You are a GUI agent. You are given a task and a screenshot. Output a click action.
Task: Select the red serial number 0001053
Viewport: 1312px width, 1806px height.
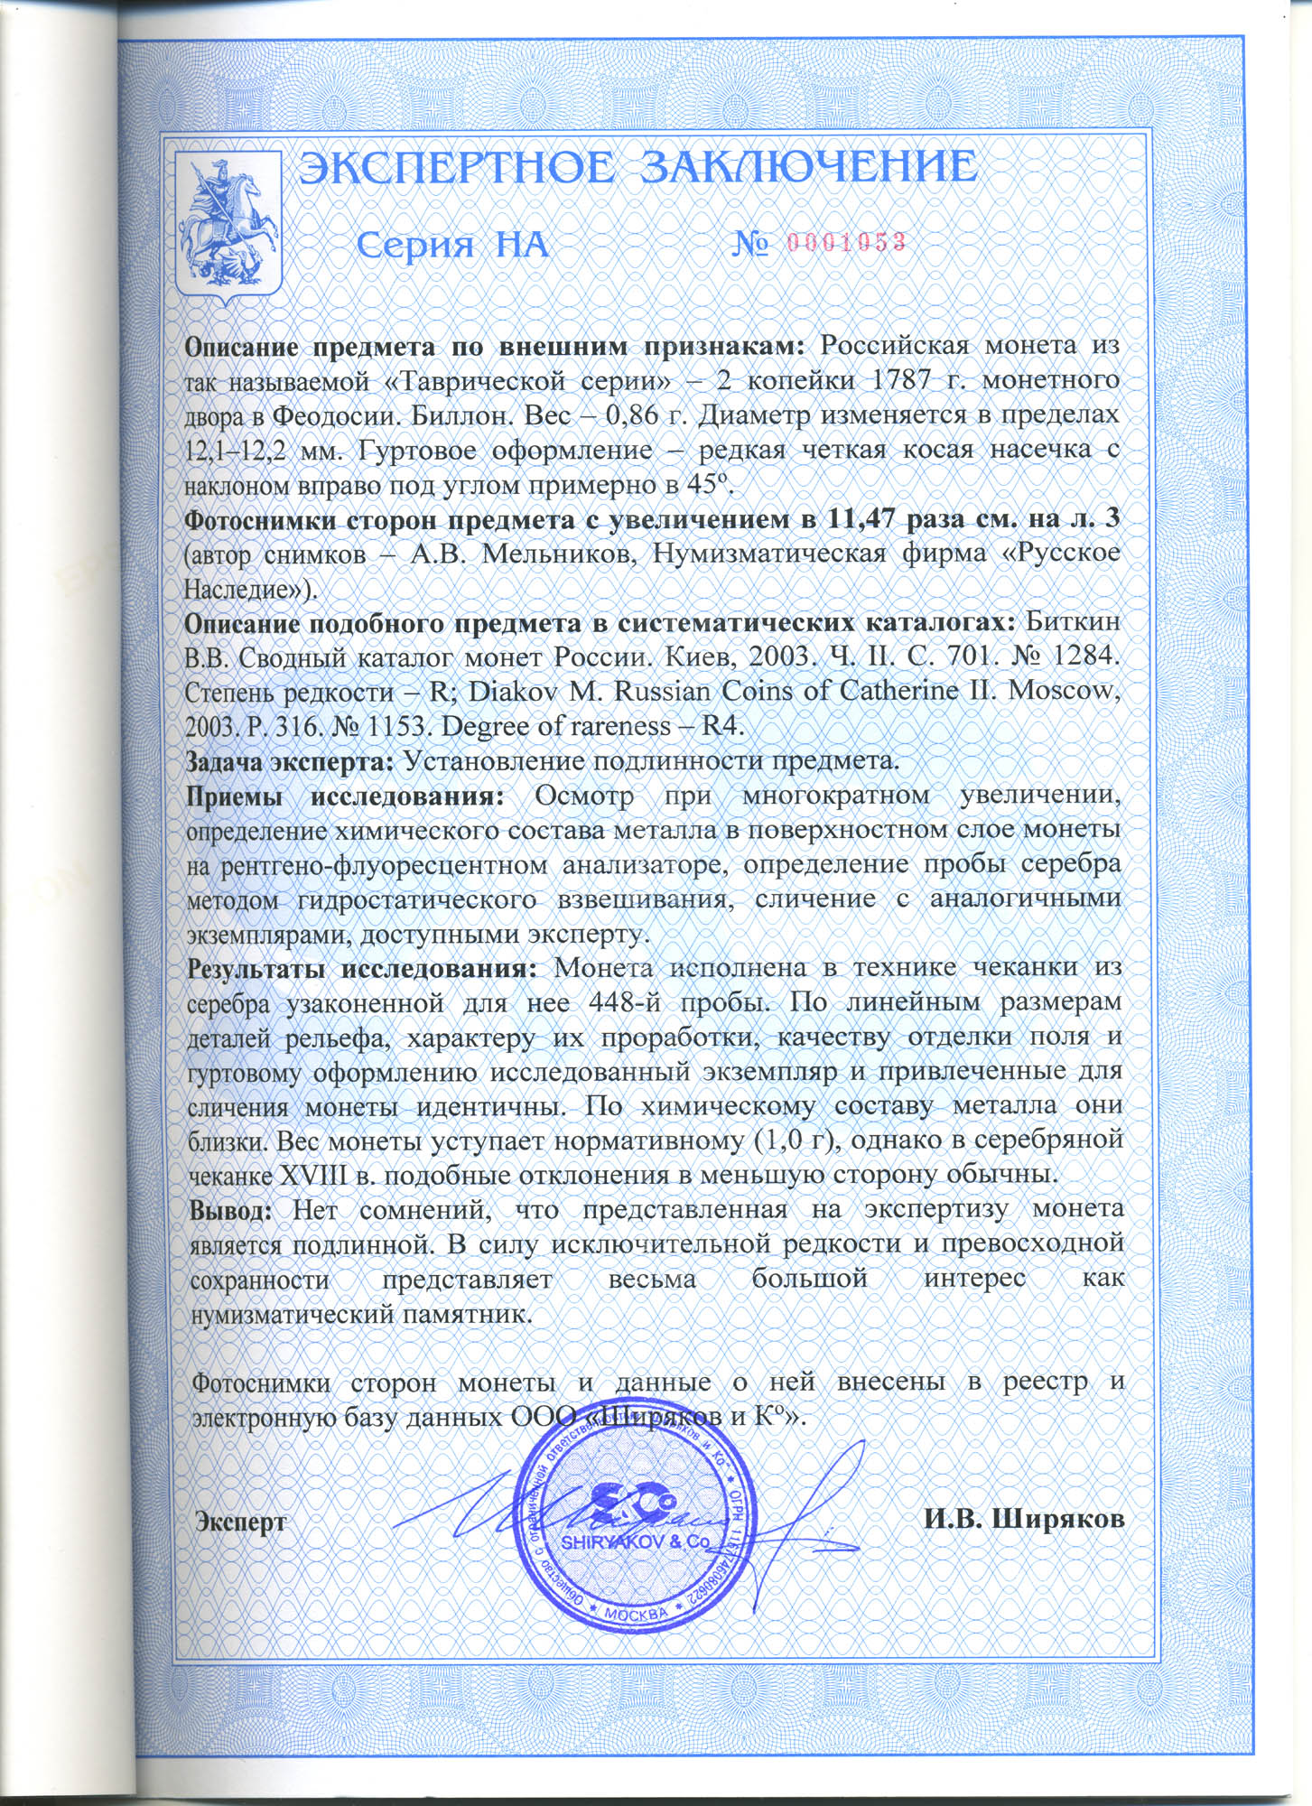[x=847, y=242]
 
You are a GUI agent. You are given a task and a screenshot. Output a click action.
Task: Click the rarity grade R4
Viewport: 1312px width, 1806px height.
[x=717, y=727]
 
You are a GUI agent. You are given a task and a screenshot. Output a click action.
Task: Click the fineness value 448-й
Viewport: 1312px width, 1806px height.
[x=628, y=1001]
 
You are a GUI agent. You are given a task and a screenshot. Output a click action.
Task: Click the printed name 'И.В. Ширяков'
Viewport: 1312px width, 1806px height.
[x=1024, y=1518]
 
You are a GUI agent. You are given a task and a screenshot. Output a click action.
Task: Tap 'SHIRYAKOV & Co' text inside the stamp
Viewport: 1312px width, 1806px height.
[x=636, y=1542]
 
